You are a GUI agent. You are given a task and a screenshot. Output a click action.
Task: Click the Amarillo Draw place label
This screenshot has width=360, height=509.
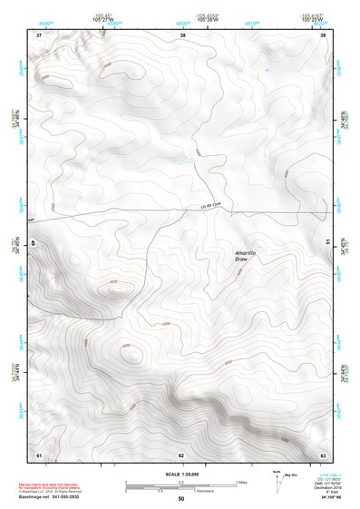(242, 257)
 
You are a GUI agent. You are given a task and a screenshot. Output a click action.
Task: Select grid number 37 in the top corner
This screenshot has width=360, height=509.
(39, 34)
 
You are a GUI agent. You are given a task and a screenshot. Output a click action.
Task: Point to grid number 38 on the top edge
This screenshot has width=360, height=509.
(183, 34)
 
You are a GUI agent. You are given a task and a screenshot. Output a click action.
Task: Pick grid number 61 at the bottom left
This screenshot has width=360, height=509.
(39, 454)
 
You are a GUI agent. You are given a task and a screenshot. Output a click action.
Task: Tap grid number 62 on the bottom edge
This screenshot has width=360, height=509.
(181, 454)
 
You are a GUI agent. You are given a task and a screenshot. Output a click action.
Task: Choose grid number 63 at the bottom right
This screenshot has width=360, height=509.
(323, 454)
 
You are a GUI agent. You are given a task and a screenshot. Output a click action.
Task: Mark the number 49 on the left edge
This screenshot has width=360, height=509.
(35, 243)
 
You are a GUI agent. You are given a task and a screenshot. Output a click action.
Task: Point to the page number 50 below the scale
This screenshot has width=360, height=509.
(180, 498)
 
